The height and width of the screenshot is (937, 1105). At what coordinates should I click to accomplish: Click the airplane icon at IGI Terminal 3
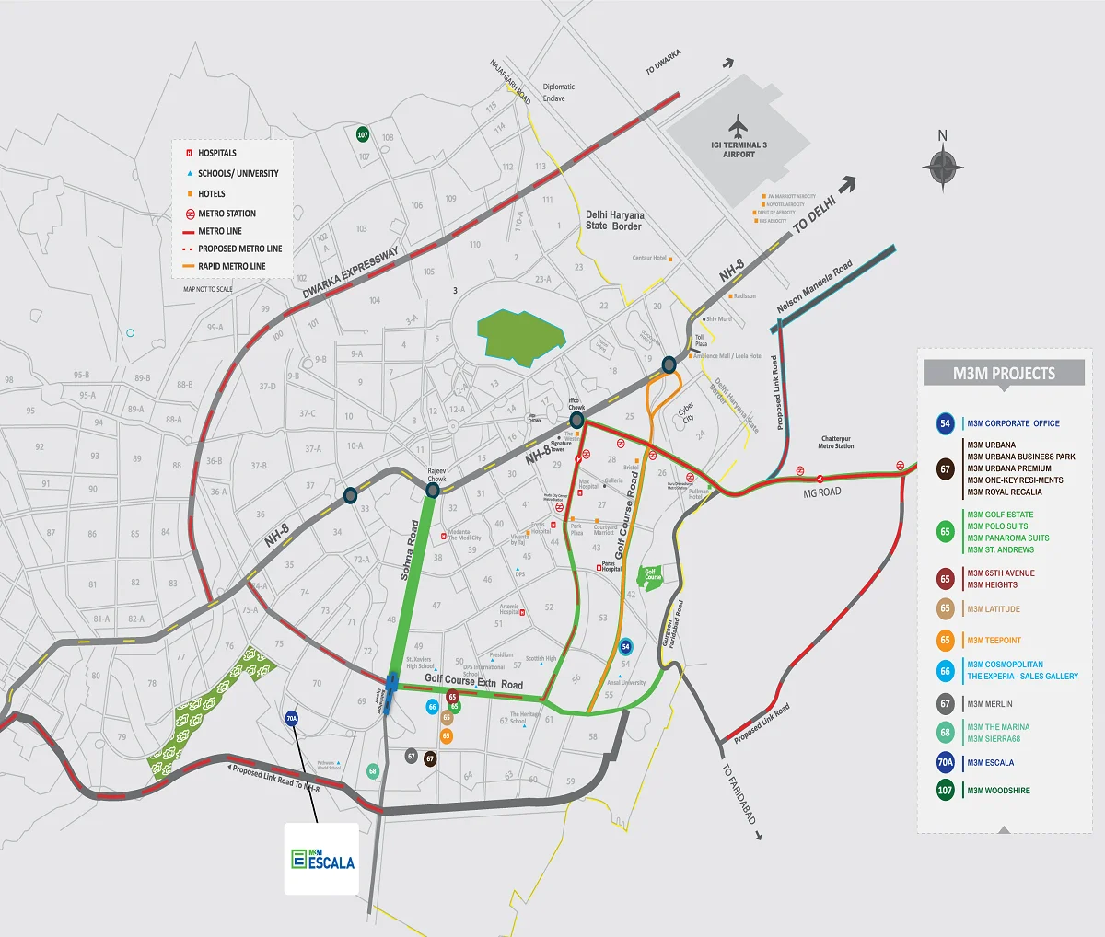(739, 125)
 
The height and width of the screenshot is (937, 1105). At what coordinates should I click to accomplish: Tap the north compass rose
(942, 168)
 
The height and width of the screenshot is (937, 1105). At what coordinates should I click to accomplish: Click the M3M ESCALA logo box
(321, 859)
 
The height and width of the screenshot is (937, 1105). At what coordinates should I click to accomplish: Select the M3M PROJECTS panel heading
(1004, 373)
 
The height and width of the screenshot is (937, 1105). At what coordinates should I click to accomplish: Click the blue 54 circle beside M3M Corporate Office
(945, 423)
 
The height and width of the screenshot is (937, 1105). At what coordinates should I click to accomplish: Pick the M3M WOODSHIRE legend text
(998, 791)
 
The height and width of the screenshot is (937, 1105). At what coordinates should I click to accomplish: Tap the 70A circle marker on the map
(292, 719)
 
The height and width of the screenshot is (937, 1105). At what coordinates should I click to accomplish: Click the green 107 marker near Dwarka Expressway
(363, 134)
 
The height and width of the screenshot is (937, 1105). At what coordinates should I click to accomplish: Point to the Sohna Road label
(410, 550)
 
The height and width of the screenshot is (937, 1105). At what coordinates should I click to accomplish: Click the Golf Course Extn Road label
(473, 682)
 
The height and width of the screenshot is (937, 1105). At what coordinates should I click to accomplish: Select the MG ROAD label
(821, 492)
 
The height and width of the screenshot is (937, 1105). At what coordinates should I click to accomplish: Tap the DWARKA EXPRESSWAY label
(350, 272)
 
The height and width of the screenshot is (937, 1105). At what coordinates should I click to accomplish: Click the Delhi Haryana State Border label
(614, 220)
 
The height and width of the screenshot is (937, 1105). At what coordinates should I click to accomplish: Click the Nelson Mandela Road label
(814, 286)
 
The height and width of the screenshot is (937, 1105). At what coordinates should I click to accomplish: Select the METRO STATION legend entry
(227, 214)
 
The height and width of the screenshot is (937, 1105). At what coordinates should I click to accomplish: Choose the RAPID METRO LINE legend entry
(231, 266)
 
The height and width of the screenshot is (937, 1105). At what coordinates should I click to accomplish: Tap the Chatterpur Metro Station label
(836, 442)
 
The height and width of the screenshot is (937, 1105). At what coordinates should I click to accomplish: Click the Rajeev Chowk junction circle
(432, 491)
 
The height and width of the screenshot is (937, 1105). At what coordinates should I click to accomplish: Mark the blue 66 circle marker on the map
(432, 707)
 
